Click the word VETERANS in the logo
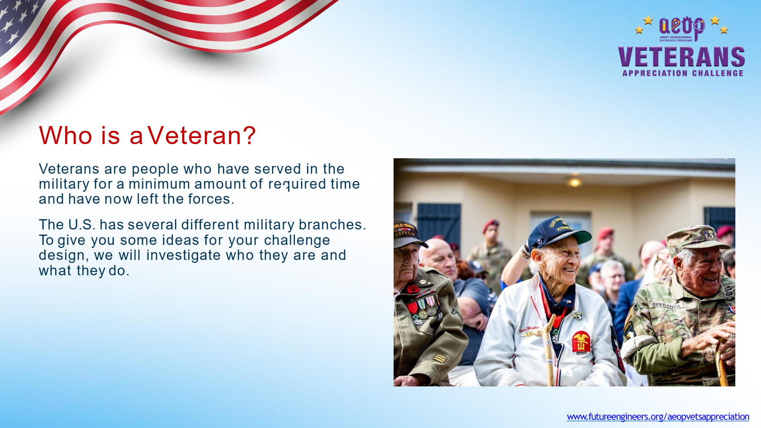(x=681, y=57)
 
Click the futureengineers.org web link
(x=658, y=416)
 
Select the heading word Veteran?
(x=202, y=136)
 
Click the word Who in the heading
(x=66, y=136)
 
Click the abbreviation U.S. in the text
(x=81, y=225)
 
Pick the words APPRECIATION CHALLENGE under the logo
(x=683, y=73)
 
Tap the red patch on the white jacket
(x=581, y=343)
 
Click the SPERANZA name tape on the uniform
(x=666, y=305)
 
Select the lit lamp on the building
(x=575, y=183)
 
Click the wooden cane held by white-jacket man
(x=548, y=348)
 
